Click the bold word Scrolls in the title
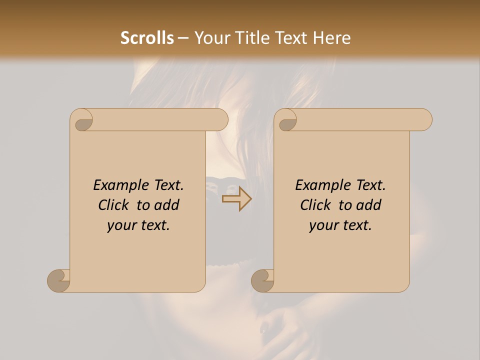point(147,38)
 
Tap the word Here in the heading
point(332,38)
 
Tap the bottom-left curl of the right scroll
point(262,280)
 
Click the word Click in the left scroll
point(113,205)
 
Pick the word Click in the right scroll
point(315,205)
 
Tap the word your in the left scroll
point(120,225)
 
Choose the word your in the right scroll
point(322,225)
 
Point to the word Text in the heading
point(290,38)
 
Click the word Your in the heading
point(209,38)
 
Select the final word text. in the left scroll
point(153,225)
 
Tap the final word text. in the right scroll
point(355,225)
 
